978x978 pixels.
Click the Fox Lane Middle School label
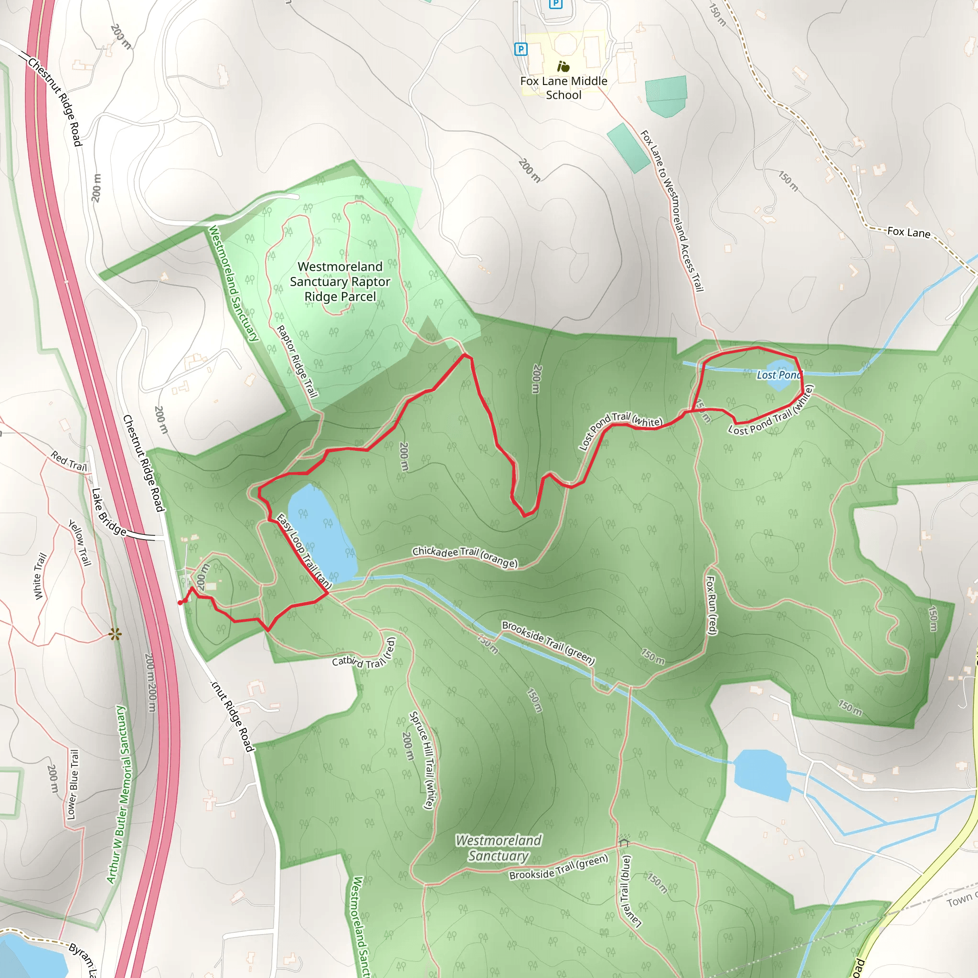point(563,88)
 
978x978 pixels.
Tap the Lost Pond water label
point(779,375)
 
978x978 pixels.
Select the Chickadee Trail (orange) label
point(465,556)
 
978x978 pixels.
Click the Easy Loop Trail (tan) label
point(304,552)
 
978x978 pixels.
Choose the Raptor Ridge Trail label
point(297,361)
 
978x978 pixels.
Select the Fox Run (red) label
point(711,605)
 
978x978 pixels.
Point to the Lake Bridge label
point(108,512)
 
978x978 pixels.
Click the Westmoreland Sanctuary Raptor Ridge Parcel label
point(340,281)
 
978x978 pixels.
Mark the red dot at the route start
point(180,602)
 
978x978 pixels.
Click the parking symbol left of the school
point(521,49)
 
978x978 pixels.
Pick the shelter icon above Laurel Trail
point(624,841)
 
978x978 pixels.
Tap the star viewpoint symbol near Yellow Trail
point(115,634)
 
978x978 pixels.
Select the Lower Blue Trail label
point(73,784)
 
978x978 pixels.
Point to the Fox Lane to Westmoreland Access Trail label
point(672,211)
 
